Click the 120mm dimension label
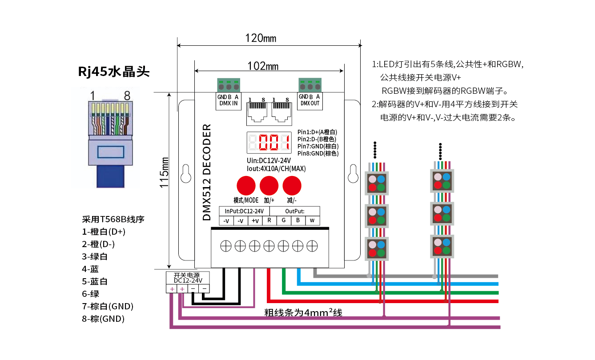coord(261,38)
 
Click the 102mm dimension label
coord(263,66)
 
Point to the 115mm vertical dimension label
coord(164,173)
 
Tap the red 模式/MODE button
coord(245,184)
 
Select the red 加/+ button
coord(269,184)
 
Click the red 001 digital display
coord(269,143)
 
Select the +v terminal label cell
coord(255,220)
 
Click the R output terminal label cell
coord(269,220)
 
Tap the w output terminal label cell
coord(312,220)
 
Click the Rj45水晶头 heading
coord(114,72)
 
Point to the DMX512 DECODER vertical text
coord(207,172)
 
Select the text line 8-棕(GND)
coord(103,319)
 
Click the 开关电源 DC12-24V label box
coord(188,278)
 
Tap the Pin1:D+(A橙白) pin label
coord(318,132)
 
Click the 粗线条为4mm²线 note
coord(303,312)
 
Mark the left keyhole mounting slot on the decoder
coord(185,173)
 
